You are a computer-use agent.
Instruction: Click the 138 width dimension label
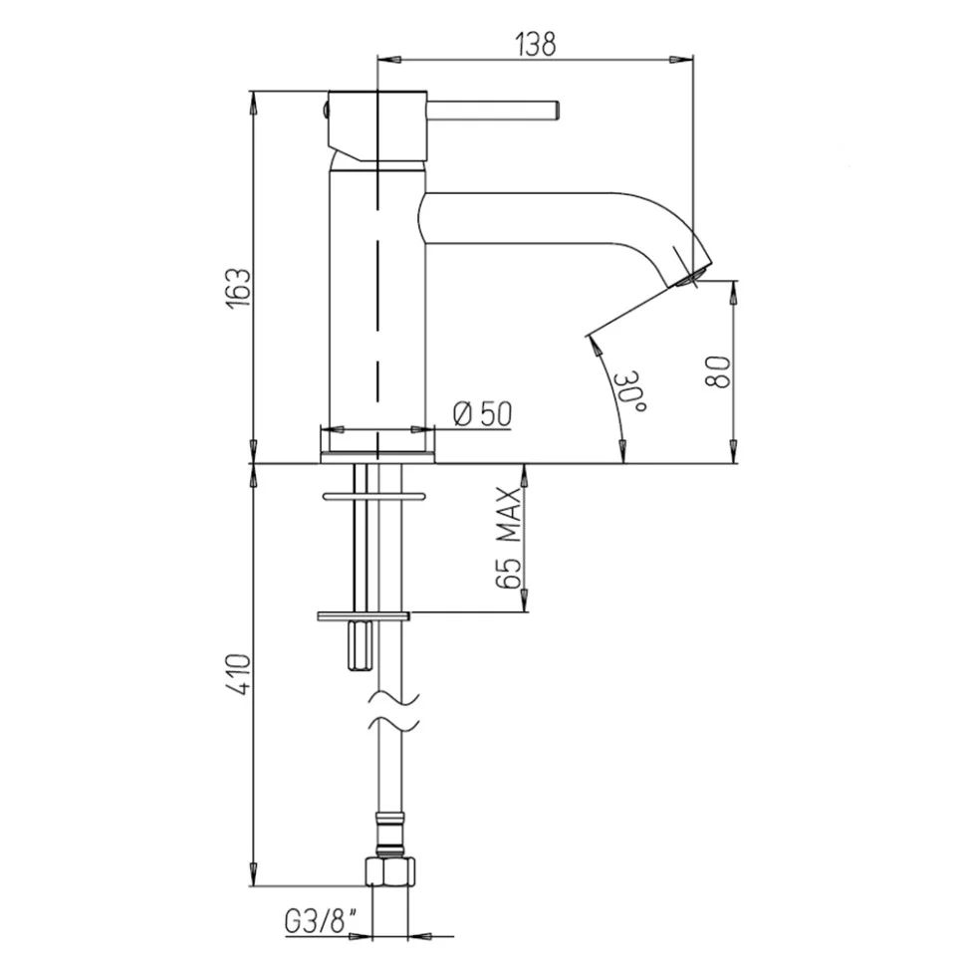tap(536, 44)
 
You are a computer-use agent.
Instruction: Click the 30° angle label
tap(630, 391)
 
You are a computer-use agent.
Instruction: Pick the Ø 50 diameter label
tap(482, 413)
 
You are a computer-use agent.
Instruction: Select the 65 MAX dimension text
tap(510, 538)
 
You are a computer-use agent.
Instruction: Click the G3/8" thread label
tap(321, 922)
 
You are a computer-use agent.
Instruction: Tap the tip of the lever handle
tap(557, 110)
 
